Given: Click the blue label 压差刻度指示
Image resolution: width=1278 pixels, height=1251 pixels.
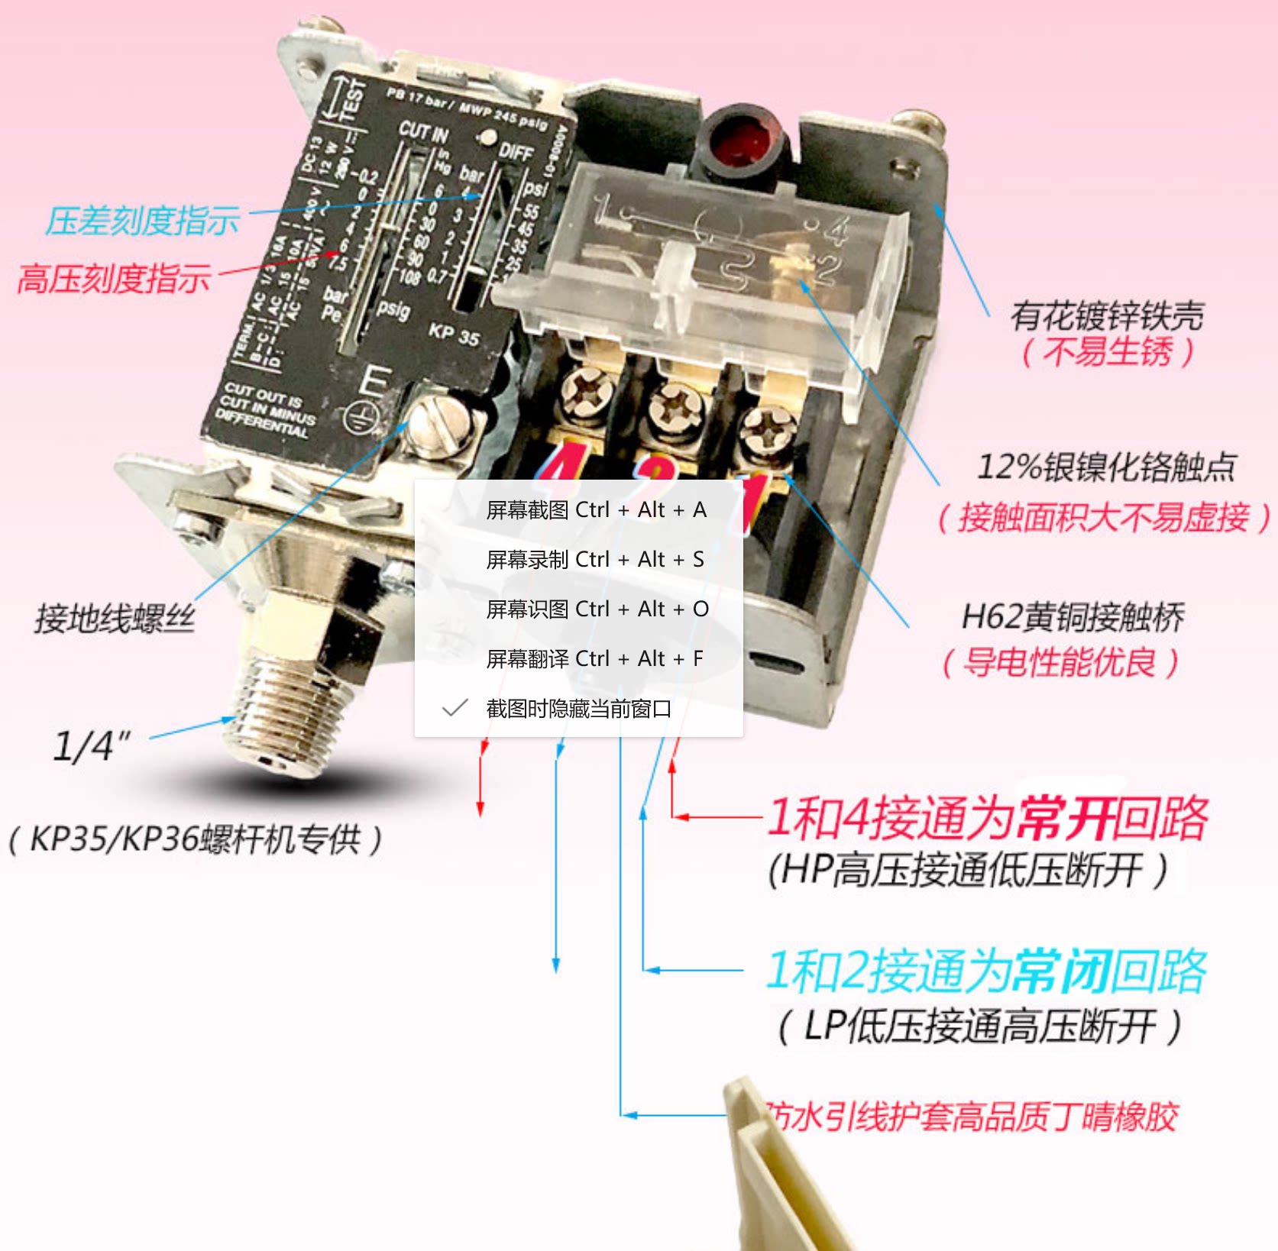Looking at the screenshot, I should pyautogui.click(x=142, y=221).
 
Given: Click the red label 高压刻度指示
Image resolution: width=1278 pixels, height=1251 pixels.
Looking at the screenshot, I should pyautogui.click(x=114, y=278).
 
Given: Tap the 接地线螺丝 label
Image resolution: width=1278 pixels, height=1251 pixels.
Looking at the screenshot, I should pyautogui.click(x=115, y=618).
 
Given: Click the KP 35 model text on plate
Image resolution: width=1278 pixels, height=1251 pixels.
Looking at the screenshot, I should pyautogui.click(x=454, y=334).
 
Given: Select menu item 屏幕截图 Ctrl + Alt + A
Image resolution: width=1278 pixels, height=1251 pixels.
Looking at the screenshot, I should pyautogui.click(x=596, y=509).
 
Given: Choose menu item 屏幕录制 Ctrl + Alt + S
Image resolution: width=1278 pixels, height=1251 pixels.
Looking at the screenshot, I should pyautogui.click(x=594, y=559).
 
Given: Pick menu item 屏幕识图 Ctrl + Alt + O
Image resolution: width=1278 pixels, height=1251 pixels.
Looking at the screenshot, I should pyautogui.click(x=597, y=609).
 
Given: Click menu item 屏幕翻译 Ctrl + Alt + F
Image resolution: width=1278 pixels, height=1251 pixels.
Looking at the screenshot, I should pyautogui.click(x=594, y=658).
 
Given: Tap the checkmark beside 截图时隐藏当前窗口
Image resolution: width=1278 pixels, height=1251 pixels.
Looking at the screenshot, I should pyautogui.click(x=455, y=708).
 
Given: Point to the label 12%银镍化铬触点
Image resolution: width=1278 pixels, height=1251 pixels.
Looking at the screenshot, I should pyautogui.click(x=1106, y=467).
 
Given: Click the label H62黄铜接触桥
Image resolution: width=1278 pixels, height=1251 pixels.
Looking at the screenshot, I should pyautogui.click(x=1073, y=616).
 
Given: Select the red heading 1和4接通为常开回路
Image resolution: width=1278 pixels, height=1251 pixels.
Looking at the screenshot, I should pyautogui.click(x=987, y=817).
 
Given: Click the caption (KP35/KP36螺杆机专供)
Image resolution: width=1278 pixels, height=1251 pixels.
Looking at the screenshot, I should pyautogui.click(x=196, y=839).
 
